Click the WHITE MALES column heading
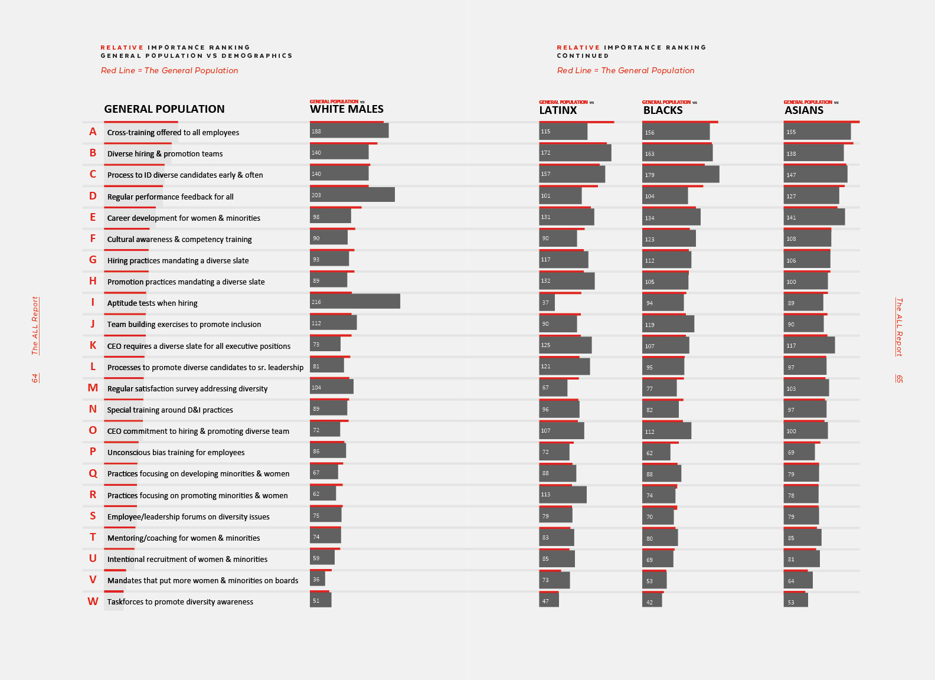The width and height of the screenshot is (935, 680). [x=346, y=109]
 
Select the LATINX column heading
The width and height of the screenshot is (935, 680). [x=558, y=110]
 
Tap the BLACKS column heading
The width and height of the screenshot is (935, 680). [x=663, y=110]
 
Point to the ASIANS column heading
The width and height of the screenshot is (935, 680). [x=803, y=110]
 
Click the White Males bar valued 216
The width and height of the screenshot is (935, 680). [x=355, y=301]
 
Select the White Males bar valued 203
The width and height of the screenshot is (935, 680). [x=352, y=195]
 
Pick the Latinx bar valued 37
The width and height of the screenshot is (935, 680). [x=547, y=302]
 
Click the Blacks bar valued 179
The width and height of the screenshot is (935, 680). [x=681, y=174]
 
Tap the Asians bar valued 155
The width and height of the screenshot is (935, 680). [x=817, y=132]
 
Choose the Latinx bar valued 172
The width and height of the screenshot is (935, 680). [x=575, y=152]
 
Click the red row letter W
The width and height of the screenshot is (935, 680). [x=93, y=601]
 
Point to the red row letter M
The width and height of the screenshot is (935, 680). [x=93, y=388]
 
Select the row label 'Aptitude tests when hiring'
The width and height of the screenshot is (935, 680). [x=152, y=303]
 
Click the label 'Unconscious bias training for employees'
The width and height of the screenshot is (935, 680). [x=176, y=453]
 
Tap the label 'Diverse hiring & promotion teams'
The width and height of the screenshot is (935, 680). [x=165, y=154]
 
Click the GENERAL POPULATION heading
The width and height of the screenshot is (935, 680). [x=164, y=109]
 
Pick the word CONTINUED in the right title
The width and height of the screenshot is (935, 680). [x=583, y=56]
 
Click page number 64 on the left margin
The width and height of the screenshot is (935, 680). [x=35, y=378]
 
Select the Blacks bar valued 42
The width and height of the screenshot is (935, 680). [x=652, y=600]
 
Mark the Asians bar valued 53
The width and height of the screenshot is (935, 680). [x=796, y=600]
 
